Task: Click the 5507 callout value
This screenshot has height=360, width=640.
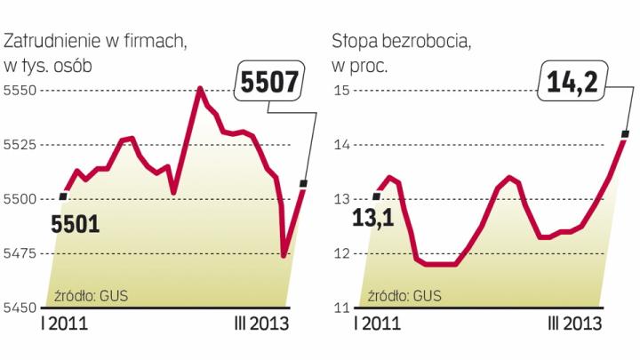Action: tap(268, 85)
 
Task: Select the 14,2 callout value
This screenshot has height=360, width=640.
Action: tap(571, 85)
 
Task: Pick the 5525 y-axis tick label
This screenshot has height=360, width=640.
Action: tap(20, 145)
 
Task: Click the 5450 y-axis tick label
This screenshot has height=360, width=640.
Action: tap(20, 308)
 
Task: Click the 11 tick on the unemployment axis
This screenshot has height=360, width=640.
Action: tap(340, 308)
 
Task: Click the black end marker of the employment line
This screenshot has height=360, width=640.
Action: tap(305, 184)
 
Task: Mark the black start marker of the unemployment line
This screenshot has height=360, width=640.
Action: tap(376, 196)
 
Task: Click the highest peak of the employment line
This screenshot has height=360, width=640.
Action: tap(200, 88)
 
